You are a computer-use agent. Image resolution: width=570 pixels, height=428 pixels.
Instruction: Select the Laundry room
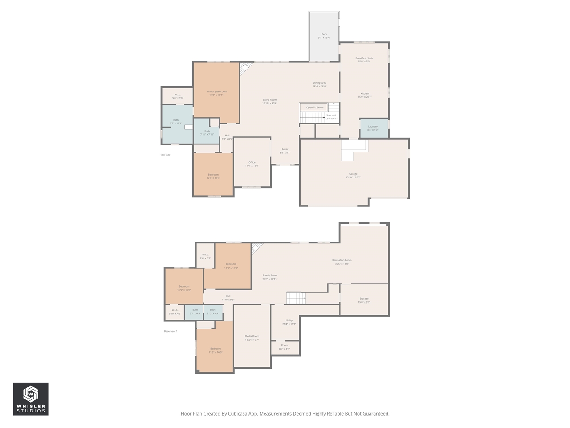[x=373, y=128]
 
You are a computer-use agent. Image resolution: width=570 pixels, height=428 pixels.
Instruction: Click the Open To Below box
[x=314, y=107]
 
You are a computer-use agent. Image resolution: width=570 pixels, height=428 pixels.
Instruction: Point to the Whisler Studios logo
[x=30, y=399]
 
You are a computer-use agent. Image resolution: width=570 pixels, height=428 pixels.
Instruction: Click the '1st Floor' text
[x=165, y=155]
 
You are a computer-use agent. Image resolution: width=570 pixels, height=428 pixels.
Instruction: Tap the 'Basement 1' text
[x=171, y=331]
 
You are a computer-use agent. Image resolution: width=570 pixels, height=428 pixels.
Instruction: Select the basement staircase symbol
[x=296, y=298]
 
